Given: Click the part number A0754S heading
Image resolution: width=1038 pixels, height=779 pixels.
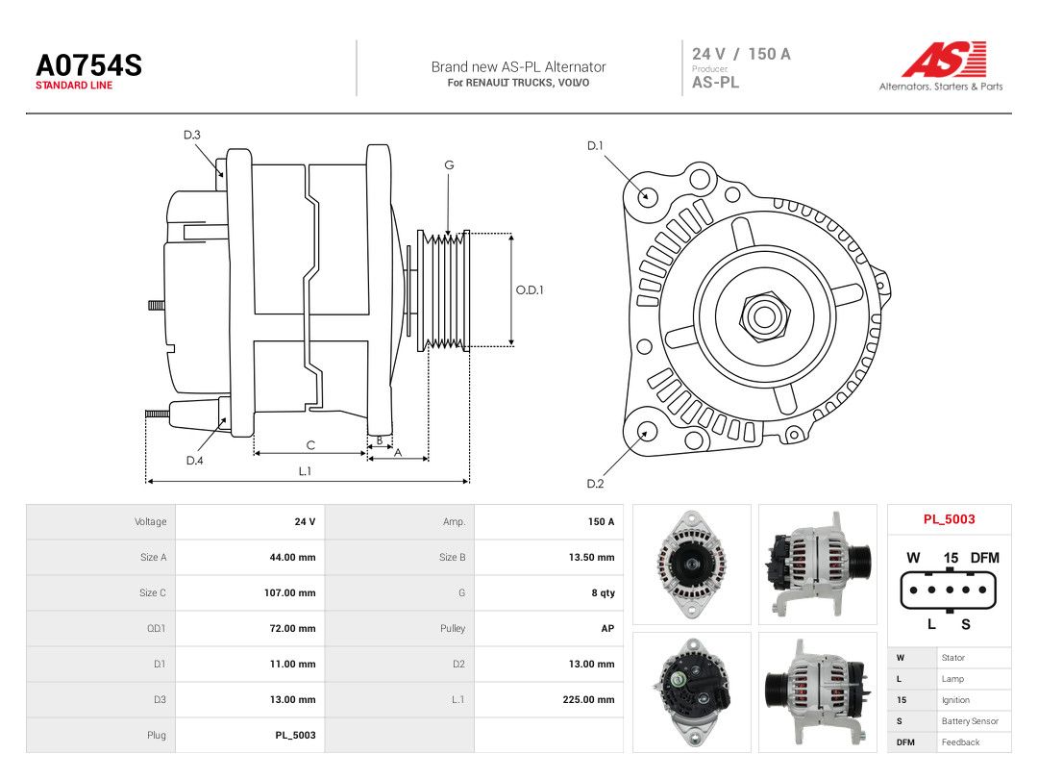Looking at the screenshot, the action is [88, 65].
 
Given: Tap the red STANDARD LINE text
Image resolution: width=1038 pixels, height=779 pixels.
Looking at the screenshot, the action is [74, 86].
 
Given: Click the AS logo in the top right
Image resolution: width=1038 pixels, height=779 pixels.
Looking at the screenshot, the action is [944, 59].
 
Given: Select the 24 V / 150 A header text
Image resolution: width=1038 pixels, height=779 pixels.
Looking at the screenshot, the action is [741, 54].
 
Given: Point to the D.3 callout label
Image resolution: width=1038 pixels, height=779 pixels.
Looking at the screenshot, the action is [192, 136].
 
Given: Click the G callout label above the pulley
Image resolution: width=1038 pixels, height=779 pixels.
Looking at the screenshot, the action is [449, 165].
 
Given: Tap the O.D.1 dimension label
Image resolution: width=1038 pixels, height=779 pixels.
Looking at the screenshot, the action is [530, 290].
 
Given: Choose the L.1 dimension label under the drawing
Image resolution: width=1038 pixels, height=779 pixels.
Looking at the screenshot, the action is [305, 471].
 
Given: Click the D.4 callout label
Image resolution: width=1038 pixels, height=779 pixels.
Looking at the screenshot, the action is [194, 461].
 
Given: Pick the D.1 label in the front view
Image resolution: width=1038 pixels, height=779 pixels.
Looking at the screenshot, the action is [595, 146].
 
